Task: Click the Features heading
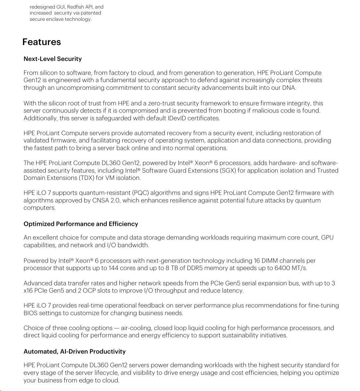(x=41, y=42)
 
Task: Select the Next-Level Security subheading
(x=52, y=59)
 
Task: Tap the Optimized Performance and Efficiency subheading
(x=81, y=224)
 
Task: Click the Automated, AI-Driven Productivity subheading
(x=74, y=352)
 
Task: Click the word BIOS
(x=31, y=313)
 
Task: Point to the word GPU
(x=327, y=238)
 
